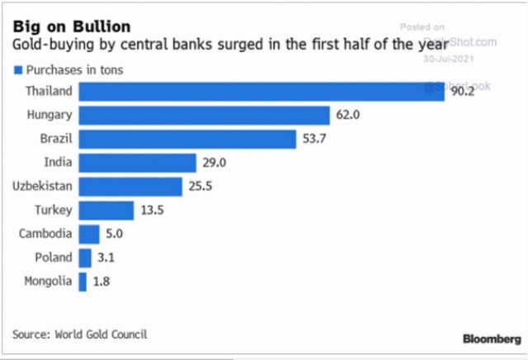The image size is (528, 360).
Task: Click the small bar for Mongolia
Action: coord(82,282)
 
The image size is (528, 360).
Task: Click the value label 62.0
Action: coord(348,116)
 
